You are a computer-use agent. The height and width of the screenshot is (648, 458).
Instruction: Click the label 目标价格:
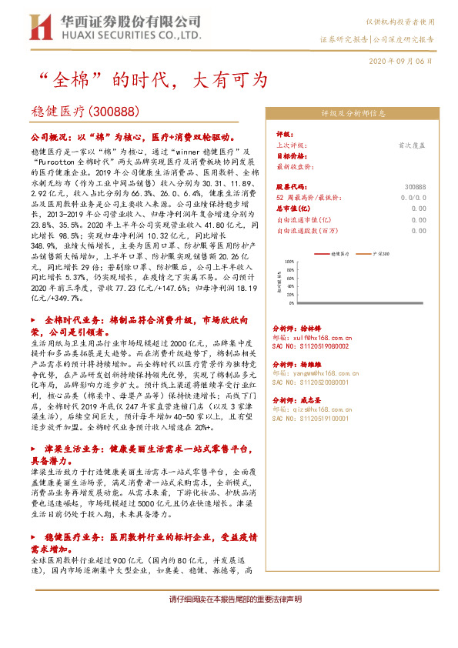click(292, 155)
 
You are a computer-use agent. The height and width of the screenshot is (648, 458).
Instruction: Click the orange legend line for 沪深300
click(366, 252)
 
